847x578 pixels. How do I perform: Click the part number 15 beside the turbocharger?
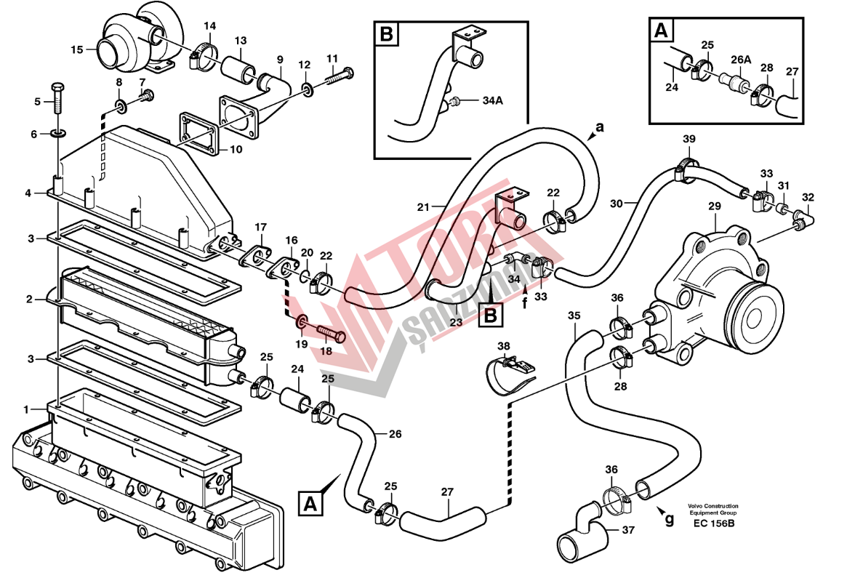point(77,49)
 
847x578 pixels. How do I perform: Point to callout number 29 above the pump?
point(714,206)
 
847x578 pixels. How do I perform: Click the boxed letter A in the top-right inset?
point(661,31)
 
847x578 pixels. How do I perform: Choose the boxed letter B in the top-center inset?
point(386,33)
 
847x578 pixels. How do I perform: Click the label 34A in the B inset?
point(492,100)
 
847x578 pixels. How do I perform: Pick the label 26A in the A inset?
point(740,60)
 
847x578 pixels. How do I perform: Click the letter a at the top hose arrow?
point(599,127)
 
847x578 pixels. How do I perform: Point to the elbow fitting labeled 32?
point(804,217)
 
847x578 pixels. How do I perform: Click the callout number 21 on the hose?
point(424,206)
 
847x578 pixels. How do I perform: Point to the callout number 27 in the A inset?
point(792,71)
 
